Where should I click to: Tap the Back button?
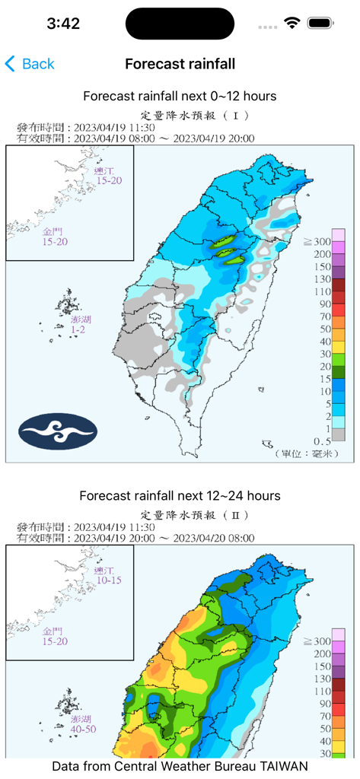pyautogui.click(x=30, y=64)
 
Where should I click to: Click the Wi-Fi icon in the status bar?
pyautogui.click(x=292, y=24)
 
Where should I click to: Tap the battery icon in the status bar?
pyautogui.click(x=320, y=24)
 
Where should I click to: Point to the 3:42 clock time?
pyautogui.click(x=63, y=24)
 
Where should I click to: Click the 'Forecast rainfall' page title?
pyautogui.click(x=180, y=64)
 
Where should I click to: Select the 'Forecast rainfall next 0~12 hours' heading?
pyautogui.click(x=180, y=96)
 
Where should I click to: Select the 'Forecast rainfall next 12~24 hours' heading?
pyautogui.click(x=180, y=495)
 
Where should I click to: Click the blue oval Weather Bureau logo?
pyautogui.click(x=58, y=430)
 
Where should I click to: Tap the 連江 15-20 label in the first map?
pyautogui.click(x=107, y=176)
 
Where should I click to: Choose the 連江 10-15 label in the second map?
pyautogui.click(x=107, y=575)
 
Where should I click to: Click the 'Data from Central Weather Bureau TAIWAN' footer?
pyautogui.click(x=180, y=766)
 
